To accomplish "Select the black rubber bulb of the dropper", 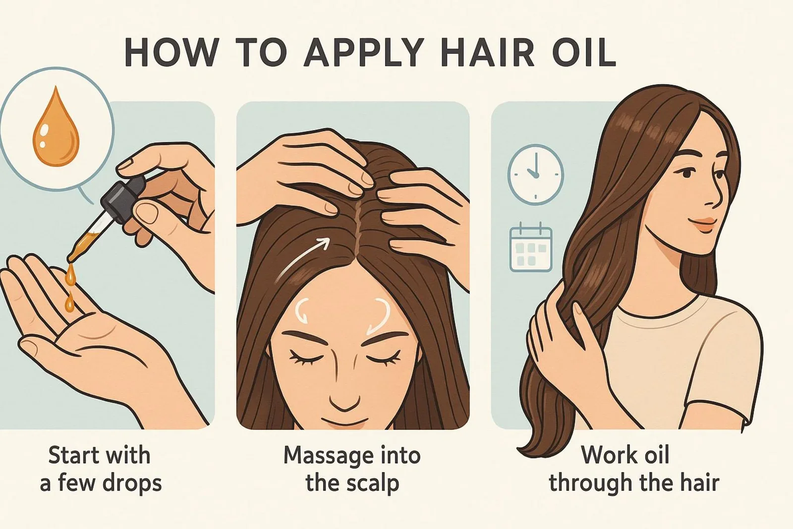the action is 123,200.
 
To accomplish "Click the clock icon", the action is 535,175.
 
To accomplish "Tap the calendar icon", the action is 531,247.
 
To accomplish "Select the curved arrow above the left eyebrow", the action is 301,311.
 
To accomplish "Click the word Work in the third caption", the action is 604,455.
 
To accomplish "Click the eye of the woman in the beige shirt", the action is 686,173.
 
